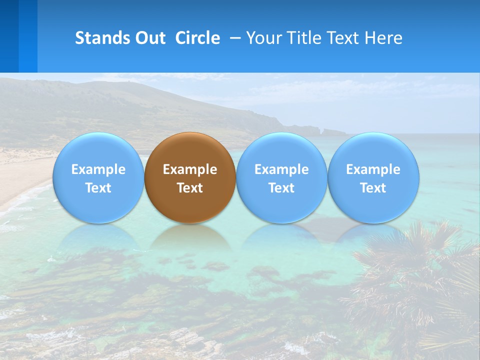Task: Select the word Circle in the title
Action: tap(197, 38)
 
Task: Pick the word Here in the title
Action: tap(384, 38)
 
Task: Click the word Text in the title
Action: tap(343, 38)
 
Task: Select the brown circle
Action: tap(190, 177)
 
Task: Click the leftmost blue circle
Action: tap(98, 177)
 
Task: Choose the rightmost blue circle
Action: tap(373, 177)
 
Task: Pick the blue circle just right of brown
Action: tap(281, 177)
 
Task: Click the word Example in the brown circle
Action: tap(190, 169)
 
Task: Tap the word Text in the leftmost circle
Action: tap(98, 188)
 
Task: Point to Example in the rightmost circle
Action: tap(373, 169)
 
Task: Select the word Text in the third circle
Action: tap(281, 188)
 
